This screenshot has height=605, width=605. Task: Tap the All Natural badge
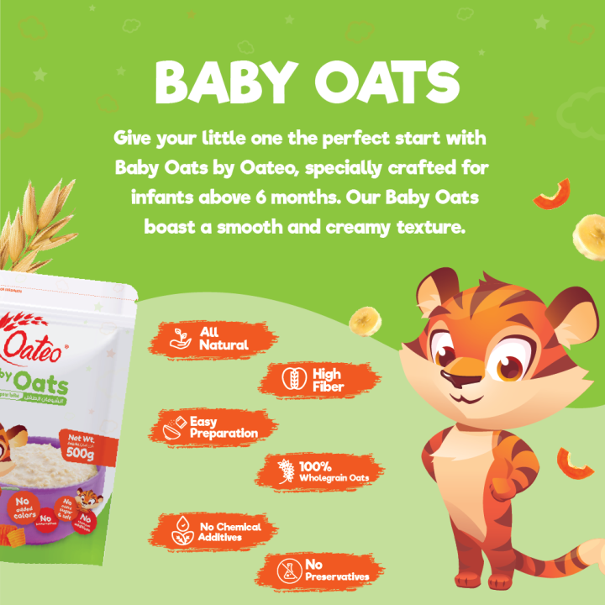tap(214, 339)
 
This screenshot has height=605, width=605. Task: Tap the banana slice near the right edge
tap(588, 236)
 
